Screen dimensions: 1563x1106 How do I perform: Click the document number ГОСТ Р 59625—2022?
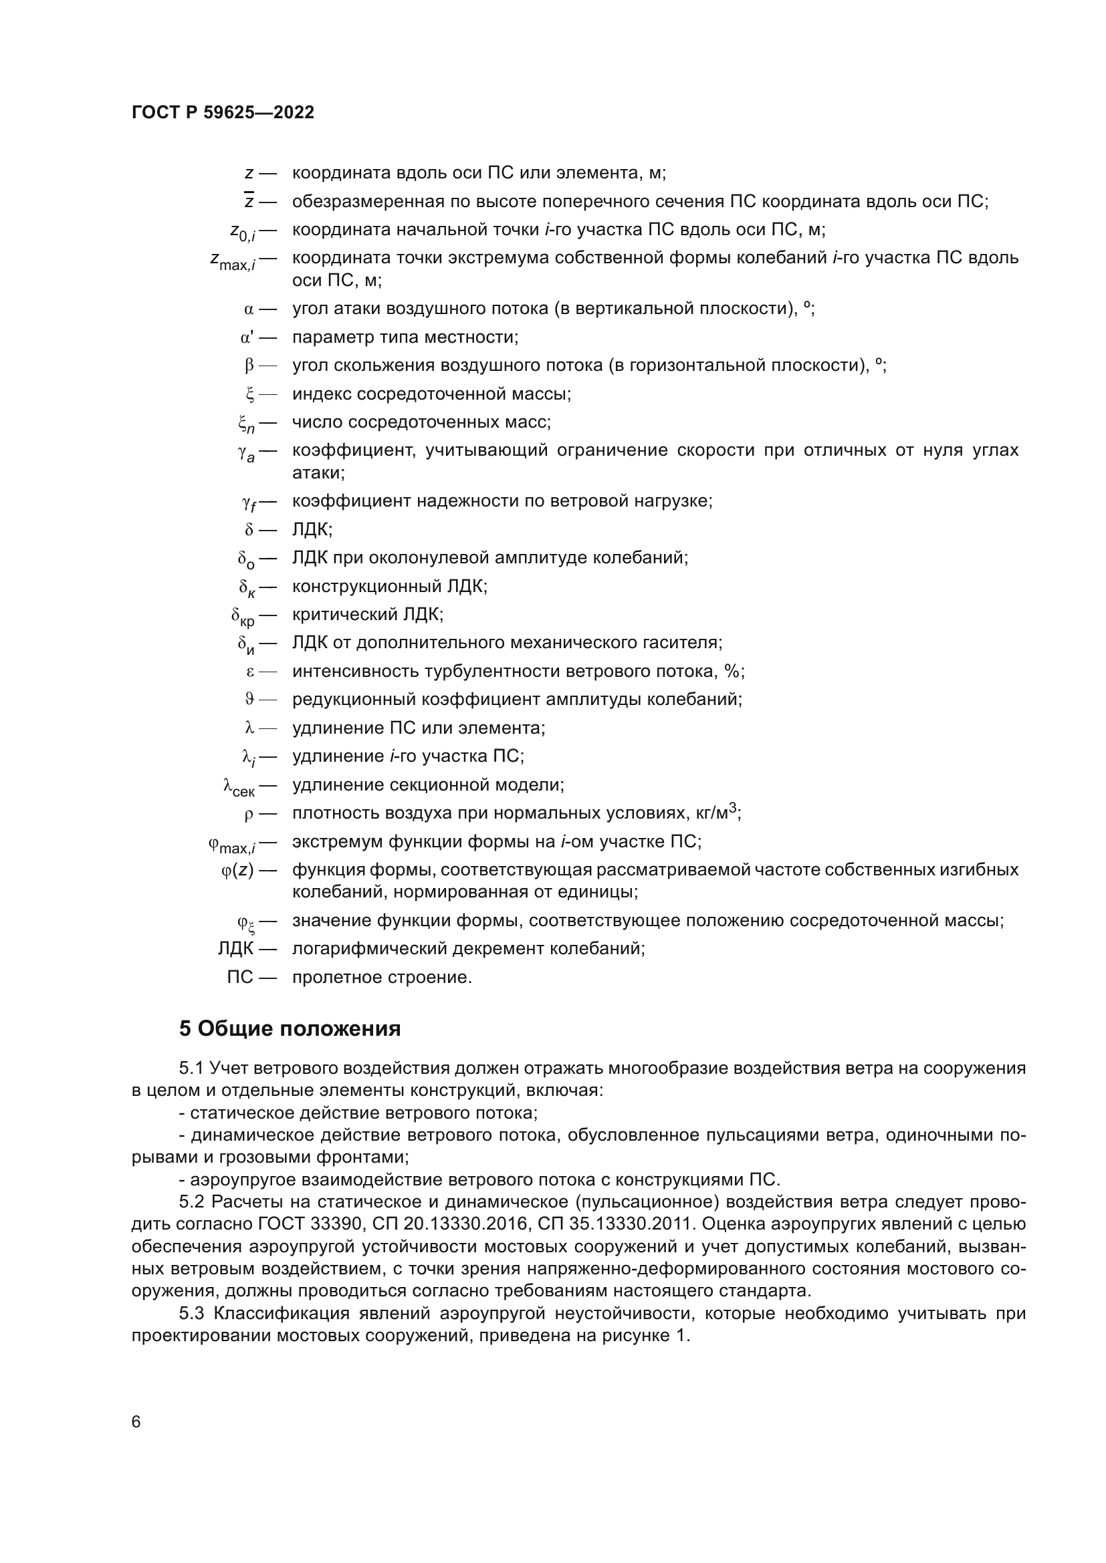coord(223,113)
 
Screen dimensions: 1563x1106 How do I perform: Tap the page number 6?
coord(136,1421)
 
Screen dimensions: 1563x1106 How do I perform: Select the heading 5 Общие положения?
coord(290,1028)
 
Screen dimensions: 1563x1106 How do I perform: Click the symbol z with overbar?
coord(249,202)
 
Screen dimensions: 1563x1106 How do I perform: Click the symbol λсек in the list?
coord(239,787)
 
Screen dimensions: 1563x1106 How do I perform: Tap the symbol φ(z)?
coord(237,870)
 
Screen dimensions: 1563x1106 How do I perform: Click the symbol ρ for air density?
coord(249,813)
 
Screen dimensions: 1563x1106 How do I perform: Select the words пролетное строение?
coord(381,978)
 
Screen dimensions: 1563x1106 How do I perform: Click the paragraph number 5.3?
coord(193,1313)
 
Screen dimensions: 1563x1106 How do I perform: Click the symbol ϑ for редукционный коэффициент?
coord(249,699)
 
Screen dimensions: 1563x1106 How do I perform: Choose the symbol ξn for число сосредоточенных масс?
coord(246,424)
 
